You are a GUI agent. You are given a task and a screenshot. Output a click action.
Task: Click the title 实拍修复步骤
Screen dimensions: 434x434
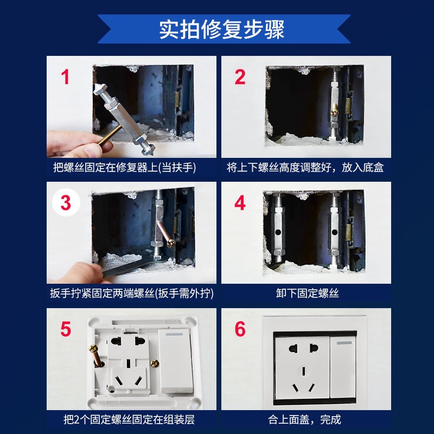[221, 29]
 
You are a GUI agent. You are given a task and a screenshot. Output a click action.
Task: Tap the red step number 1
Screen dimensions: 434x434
[66, 78]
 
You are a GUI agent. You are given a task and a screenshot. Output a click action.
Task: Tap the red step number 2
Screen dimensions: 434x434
[240, 78]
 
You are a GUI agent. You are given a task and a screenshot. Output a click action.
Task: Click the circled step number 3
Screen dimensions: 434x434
[66, 203]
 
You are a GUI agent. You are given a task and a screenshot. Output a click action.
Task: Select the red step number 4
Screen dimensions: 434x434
[240, 203]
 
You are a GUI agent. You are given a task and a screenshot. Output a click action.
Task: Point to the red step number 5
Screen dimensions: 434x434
[66, 329]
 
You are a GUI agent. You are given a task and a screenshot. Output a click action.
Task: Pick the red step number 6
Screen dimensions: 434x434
[240, 329]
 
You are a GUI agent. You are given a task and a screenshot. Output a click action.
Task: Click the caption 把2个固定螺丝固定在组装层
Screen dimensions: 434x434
[129, 419]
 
